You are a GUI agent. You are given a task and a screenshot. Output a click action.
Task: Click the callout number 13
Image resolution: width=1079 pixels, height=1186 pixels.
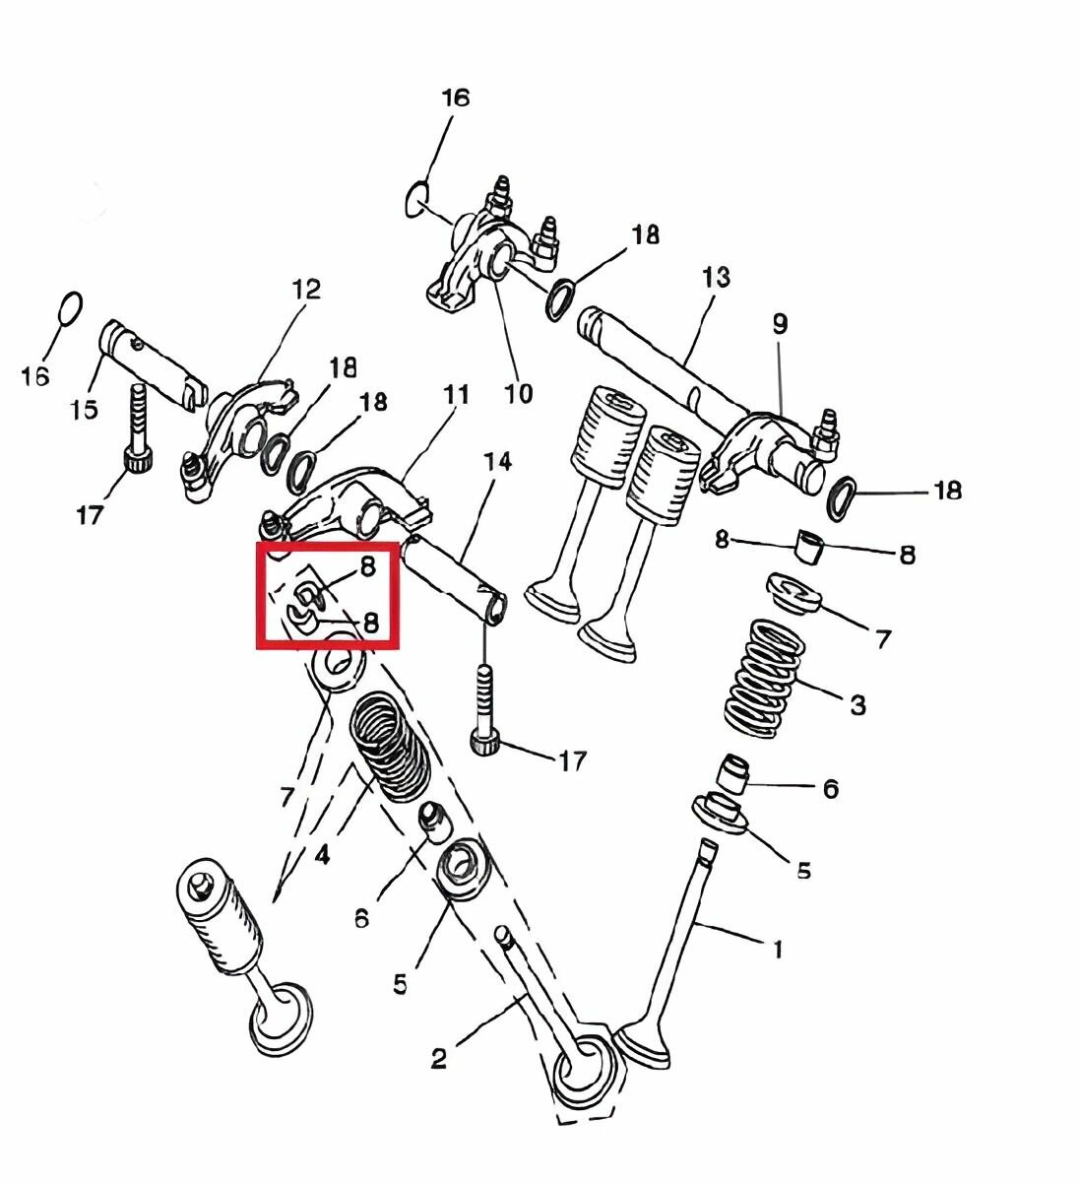pos(717,278)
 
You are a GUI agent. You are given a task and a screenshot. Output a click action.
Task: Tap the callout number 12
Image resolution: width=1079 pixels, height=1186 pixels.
pos(306,291)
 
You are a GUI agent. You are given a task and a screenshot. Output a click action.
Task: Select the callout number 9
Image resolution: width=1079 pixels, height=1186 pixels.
pos(780,324)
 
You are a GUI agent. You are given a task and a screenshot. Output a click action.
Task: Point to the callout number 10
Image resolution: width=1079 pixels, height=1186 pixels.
pos(518,394)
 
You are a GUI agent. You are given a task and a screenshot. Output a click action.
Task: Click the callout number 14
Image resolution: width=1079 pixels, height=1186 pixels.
pos(498,461)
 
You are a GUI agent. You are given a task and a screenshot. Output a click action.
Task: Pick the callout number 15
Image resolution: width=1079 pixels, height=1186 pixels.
pos(85,409)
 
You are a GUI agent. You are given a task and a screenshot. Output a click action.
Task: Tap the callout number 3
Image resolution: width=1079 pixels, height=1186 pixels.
pos(857,705)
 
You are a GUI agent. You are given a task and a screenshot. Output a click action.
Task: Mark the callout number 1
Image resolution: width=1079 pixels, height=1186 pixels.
pos(777,950)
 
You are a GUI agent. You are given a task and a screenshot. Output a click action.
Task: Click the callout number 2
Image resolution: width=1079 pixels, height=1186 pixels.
pos(439,1059)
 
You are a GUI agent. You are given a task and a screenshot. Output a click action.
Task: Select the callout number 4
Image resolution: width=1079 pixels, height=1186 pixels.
pos(322,855)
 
